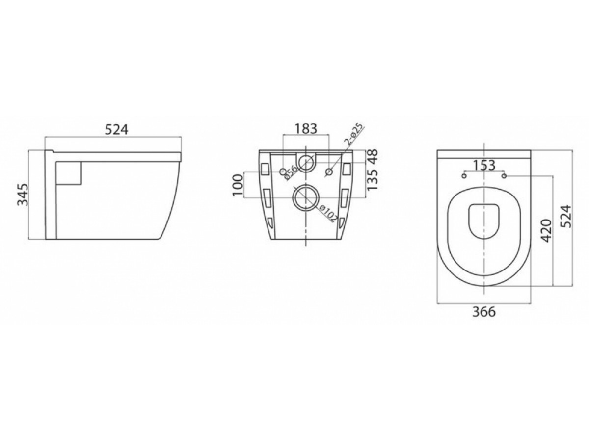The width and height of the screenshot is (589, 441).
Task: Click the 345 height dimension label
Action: click(x=23, y=195)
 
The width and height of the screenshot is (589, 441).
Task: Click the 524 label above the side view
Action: click(x=116, y=130)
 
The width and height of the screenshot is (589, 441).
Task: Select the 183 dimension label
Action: click(x=306, y=128)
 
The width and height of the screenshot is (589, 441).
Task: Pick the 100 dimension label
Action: click(x=238, y=185)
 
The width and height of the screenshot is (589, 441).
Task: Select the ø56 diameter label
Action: click(x=291, y=172)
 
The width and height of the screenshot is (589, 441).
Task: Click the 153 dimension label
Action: click(x=484, y=166)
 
